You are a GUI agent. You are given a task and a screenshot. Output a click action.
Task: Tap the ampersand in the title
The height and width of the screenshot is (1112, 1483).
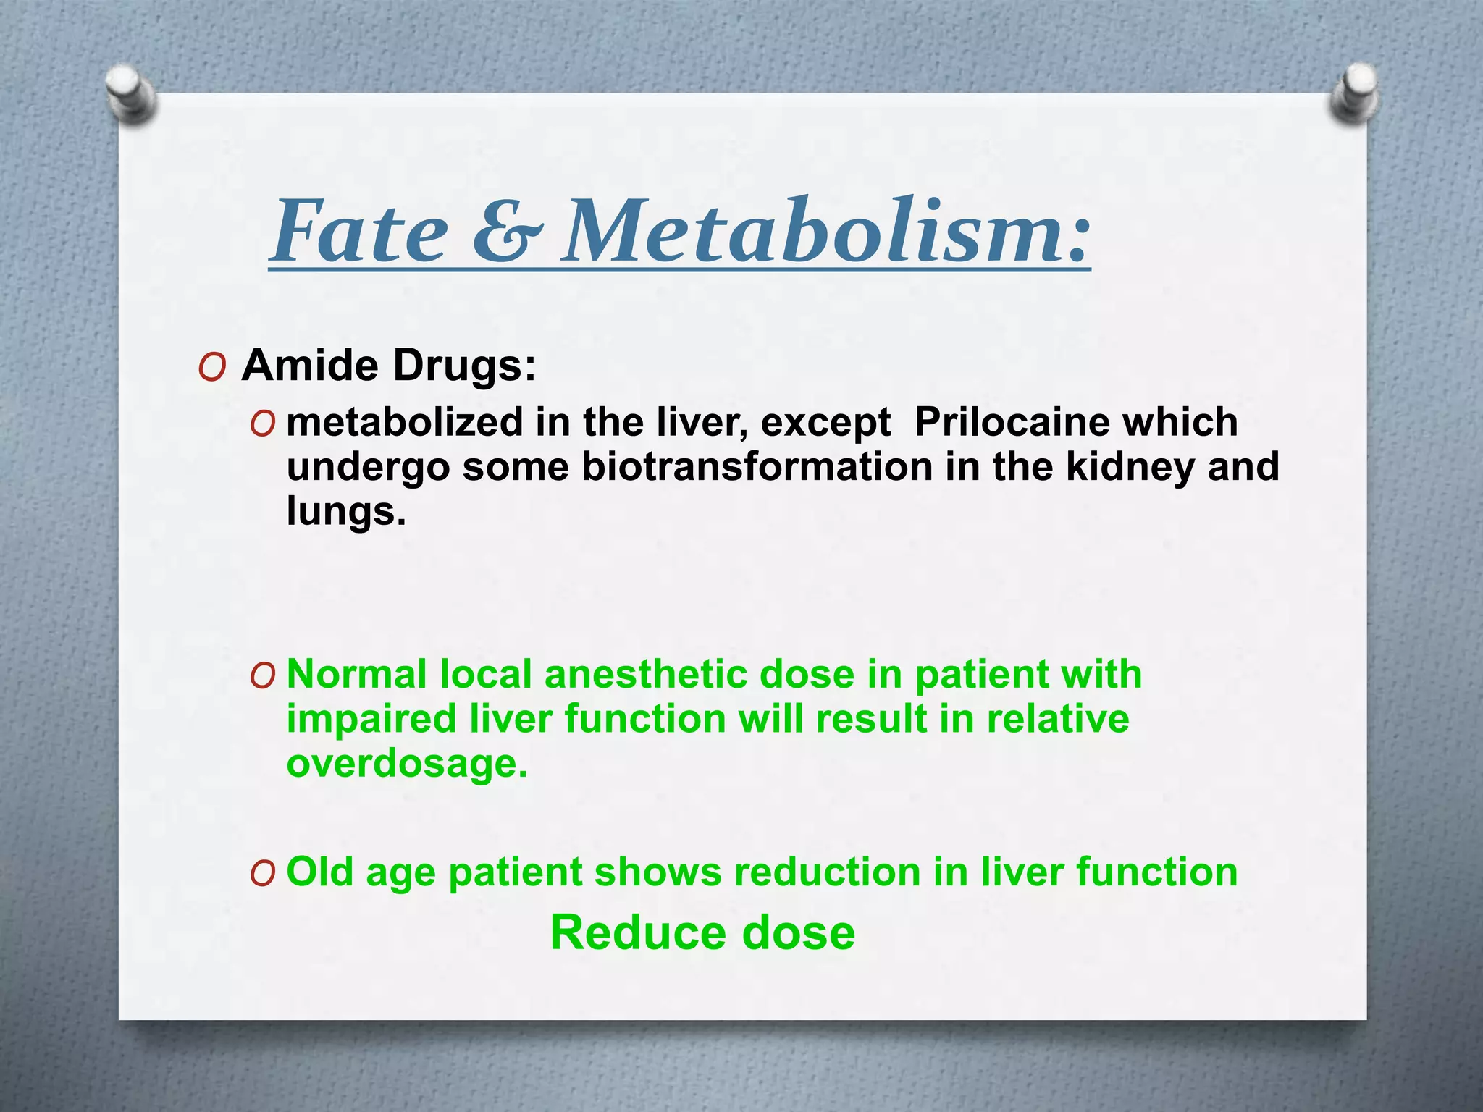click(x=507, y=232)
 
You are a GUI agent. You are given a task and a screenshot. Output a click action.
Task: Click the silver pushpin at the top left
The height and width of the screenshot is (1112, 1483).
click(x=130, y=95)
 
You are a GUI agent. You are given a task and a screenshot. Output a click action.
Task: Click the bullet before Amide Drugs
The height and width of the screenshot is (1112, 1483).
click(x=211, y=368)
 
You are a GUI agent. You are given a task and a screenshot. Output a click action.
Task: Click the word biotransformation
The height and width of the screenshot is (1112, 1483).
click(x=757, y=466)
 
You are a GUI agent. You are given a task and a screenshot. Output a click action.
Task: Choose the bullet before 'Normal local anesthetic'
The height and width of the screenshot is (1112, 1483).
click(x=262, y=676)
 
